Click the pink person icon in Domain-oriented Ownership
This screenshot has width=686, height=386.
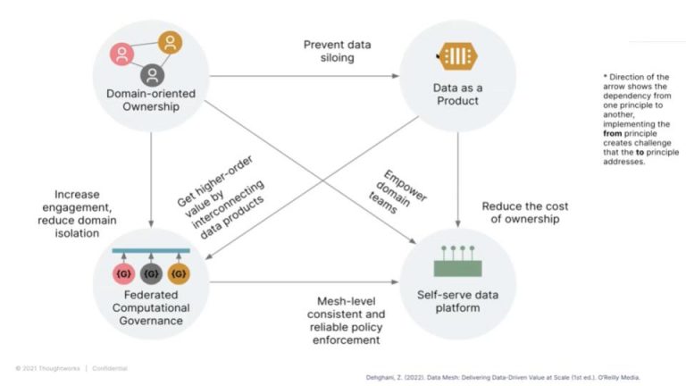pyautogui.click(x=122, y=55)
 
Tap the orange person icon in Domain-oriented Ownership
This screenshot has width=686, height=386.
pyautogui.click(x=169, y=42)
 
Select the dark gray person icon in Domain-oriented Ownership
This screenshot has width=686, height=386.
pyautogui.click(x=153, y=73)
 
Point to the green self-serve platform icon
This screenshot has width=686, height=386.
pyautogui.click(x=457, y=262)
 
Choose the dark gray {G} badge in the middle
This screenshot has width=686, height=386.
pyautogui.click(x=150, y=272)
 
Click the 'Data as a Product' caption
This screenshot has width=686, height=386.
pyautogui.click(x=456, y=94)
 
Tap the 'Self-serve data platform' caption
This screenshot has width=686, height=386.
pyautogui.click(x=456, y=301)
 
